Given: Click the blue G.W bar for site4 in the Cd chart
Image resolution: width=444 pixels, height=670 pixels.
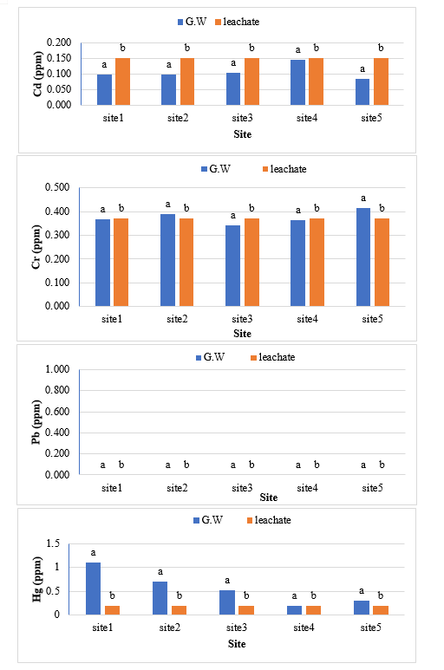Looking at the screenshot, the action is [297, 82].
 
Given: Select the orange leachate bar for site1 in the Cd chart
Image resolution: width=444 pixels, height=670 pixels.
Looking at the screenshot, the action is [122, 81].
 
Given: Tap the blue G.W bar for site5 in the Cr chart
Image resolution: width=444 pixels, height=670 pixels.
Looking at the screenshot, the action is [363, 257].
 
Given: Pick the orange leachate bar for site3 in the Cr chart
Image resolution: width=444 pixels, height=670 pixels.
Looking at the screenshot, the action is [251, 263].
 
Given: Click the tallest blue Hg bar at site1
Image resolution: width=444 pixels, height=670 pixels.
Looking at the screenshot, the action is [93, 589].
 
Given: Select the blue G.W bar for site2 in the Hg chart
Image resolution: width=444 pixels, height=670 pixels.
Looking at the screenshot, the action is [160, 598].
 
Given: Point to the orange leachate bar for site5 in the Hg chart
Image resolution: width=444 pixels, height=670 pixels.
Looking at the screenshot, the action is [381, 610].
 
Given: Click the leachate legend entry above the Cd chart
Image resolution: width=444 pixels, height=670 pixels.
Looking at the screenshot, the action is [237, 22].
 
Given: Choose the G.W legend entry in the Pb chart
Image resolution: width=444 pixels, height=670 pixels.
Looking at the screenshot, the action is [210, 357].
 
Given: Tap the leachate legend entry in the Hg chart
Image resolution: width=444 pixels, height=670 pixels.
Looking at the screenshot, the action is [269, 520].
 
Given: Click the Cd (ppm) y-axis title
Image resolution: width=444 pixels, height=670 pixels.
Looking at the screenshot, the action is [37, 74].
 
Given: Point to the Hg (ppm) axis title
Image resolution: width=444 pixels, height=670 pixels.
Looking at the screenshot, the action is [37, 579].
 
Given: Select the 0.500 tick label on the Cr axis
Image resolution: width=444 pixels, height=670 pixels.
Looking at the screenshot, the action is [57, 187].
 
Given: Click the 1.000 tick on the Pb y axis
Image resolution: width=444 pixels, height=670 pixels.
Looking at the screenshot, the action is [57, 368].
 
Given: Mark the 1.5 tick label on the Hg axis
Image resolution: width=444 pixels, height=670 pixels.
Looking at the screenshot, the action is [53, 543].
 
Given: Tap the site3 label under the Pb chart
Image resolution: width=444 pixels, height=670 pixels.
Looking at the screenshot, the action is [242, 487].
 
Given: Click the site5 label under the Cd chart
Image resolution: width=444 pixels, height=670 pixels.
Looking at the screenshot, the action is [371, 118].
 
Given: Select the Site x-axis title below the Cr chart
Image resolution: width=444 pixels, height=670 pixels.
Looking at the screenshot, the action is [242, 334].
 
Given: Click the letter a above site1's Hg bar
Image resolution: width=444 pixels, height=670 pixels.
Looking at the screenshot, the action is [93, 553].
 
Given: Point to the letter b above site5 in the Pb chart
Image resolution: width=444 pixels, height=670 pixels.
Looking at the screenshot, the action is [382, 465].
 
